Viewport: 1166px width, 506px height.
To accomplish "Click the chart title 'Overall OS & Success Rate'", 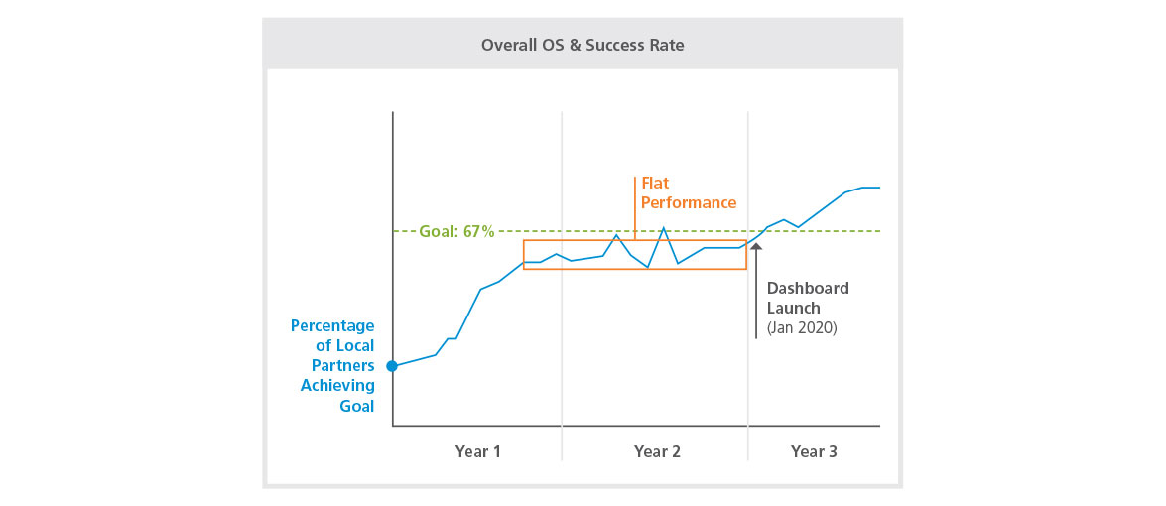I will pos(583,45).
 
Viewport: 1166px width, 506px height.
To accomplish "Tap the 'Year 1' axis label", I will pos(477,451).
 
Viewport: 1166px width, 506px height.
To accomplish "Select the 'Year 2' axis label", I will pos(657,451).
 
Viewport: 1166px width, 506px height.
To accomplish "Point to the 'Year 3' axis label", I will pos(814,451).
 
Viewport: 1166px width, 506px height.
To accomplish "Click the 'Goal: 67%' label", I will pos(456,231).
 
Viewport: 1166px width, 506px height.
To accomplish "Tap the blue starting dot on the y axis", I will pos(392,366).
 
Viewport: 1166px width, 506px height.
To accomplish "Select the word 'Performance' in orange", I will pos(689,203).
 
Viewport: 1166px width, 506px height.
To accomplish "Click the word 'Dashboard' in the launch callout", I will pos(808,288).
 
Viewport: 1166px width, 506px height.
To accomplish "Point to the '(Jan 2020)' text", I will pos(802,327).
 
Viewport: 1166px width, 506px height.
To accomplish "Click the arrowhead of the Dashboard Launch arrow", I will pos(756,247).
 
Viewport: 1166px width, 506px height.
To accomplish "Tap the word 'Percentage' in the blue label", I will pos(332,325).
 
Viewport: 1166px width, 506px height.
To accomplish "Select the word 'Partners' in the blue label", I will pos(343,365).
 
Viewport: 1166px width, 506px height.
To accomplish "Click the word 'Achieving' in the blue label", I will pos(337,385).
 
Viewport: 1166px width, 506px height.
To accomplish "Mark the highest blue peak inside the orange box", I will pos(663,228).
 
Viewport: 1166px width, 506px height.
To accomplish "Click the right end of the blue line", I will pos(879,187).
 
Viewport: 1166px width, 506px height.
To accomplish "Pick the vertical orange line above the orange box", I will pos(634,208).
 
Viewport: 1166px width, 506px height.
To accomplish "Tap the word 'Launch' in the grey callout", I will pos(793,308).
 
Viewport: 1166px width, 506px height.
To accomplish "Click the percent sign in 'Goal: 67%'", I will pos(488,231).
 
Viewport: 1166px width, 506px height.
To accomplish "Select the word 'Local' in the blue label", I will pos(354,345).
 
